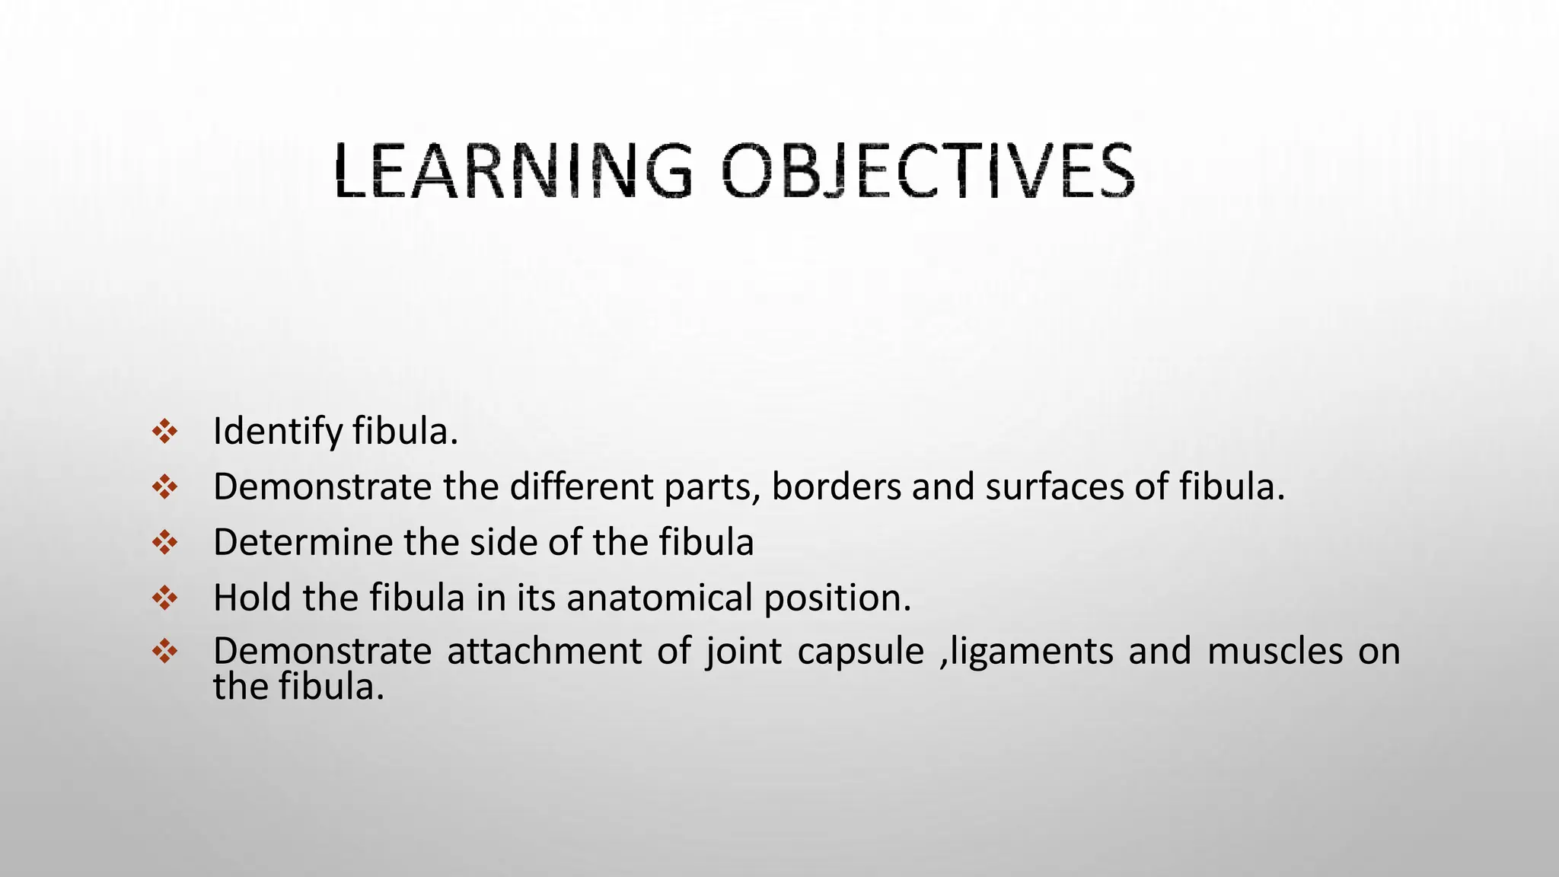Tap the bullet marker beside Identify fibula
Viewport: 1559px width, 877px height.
[x=165, y=432]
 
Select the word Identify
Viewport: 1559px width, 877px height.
[x=278, y=432]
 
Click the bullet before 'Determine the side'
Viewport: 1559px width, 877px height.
[x=165, y=543]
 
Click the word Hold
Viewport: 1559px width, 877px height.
[x=252, y=598]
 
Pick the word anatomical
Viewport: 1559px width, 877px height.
[x=659, y=598]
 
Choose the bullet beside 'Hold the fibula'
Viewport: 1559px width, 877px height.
[x=165, y=598]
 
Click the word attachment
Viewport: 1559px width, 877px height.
[x=544, y=652]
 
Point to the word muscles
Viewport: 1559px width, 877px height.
[x=1275, y=652]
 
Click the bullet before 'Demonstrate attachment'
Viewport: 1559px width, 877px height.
[x=165, y=651]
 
